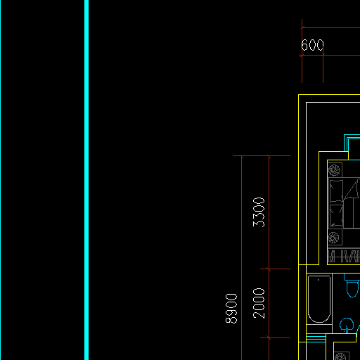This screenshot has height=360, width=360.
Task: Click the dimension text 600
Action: coord(312,45)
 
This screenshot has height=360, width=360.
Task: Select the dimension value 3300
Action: coord(259,212)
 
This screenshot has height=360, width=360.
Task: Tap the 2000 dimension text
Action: coord(259,303)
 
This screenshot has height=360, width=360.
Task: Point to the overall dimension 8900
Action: coord(231,309)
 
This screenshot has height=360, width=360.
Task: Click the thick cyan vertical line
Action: coord(86,180)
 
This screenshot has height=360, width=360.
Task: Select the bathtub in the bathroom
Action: coord(319,299)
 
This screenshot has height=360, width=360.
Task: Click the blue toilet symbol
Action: coord(352,285)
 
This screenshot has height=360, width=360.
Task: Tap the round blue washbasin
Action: coord(347,326)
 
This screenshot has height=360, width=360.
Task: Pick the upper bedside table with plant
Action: coord(335,170)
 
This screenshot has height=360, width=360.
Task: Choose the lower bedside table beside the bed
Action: coord(335,238)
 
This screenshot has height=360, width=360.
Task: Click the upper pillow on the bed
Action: coord(336,191)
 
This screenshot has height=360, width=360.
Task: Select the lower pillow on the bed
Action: coord(336,216)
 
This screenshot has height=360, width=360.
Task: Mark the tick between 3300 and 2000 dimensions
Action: coord(269,269)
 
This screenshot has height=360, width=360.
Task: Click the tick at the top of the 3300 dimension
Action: coord(269,155)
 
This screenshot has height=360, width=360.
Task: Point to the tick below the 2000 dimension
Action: coord(269,337)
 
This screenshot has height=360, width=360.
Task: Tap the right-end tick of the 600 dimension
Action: coord(323,56)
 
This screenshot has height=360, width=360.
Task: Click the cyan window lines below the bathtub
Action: coord(316,337)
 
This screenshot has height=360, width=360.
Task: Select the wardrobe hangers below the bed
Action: coord(344,257)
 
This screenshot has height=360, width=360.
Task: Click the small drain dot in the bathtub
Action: coord(318,280)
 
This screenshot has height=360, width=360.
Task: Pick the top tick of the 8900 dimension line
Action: coord(242,155)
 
